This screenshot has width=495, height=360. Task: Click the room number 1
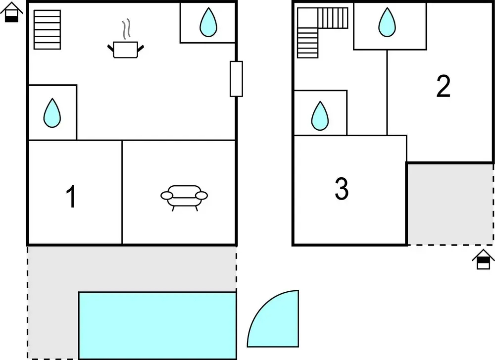(x=72, y=197)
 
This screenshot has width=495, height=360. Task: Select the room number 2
(x=443, y=86)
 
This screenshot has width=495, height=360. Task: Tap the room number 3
(x=342, y=188)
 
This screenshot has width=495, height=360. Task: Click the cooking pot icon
(x=126, y=50)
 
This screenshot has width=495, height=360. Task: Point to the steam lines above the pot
(x=126, y=29)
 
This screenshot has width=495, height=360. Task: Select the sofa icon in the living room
(x=184, y=198)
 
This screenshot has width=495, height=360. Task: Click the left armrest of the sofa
(x=167, y=195)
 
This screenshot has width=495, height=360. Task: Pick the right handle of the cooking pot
(x=141, y=49)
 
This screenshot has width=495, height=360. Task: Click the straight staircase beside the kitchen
(x=47, y=30)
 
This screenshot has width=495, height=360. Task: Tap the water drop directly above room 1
(x=52, y=113)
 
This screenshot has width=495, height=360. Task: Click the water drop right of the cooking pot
(x=209, y=22)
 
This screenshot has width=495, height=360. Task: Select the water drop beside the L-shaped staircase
(x=387, y=22)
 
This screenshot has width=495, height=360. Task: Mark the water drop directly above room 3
(x=320, y=116)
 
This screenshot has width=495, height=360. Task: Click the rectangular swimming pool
(x=158, y=326)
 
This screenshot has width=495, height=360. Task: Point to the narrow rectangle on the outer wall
(x=237, y=79)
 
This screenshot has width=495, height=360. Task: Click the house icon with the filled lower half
(x=11, y=12)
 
